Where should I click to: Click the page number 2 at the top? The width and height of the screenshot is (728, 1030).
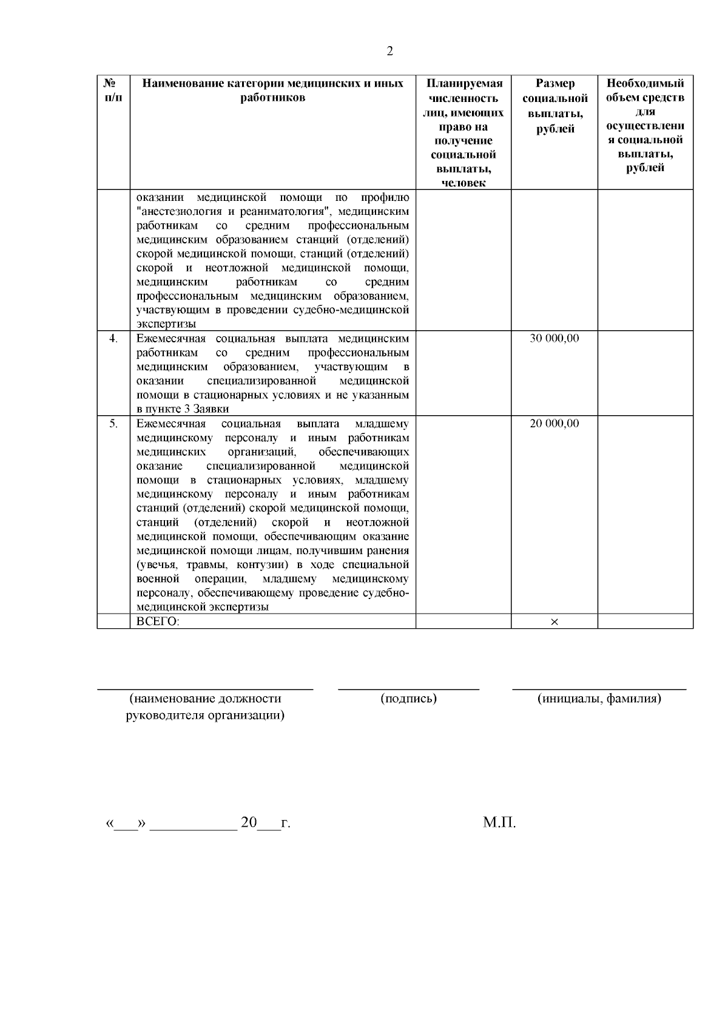pos(389,51)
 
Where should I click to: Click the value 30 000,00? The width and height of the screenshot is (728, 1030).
pos(554,338)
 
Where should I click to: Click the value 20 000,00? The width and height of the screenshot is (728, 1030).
pos(554,423)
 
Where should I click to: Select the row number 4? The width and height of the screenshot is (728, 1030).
pos(113,338)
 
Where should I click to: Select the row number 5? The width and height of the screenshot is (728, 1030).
pos(113,423)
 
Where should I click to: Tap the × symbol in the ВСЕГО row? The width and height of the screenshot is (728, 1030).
pos(554,622)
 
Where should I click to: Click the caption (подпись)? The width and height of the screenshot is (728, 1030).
pos(408,699)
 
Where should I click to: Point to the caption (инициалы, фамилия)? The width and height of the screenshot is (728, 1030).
pos(599,699)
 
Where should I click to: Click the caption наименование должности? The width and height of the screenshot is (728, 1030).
pos(205,699)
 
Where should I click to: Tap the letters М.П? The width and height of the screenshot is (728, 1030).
pos(499,823)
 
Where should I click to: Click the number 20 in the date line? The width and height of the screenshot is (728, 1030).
pos(249,823)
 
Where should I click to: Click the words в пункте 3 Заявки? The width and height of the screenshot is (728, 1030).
pos(182,409)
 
